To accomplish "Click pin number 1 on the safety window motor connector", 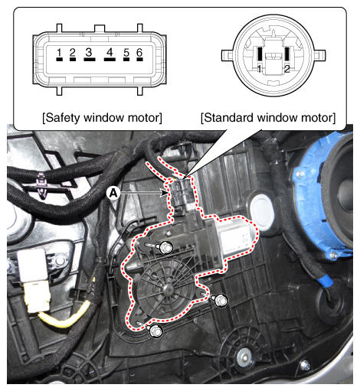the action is (59, 59).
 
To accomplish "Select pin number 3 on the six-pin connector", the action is (90, 59).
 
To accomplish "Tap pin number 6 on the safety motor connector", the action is (139, 59).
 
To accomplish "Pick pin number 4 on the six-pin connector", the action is (110, 59).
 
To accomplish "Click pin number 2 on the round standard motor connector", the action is (287, 54).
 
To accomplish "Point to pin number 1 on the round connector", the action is (260, 54).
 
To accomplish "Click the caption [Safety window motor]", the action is (102, 118).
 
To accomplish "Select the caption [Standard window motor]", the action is (268, 118).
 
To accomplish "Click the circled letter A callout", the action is (113, 193).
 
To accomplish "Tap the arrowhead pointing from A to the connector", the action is (165, 193).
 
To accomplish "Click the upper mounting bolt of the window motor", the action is (165, 247).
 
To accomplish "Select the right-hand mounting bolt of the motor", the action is (221, 300).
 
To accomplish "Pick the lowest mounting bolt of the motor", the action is (155, 331).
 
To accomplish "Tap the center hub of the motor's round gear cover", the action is (167, 289).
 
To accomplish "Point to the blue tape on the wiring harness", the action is (324, 280).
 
